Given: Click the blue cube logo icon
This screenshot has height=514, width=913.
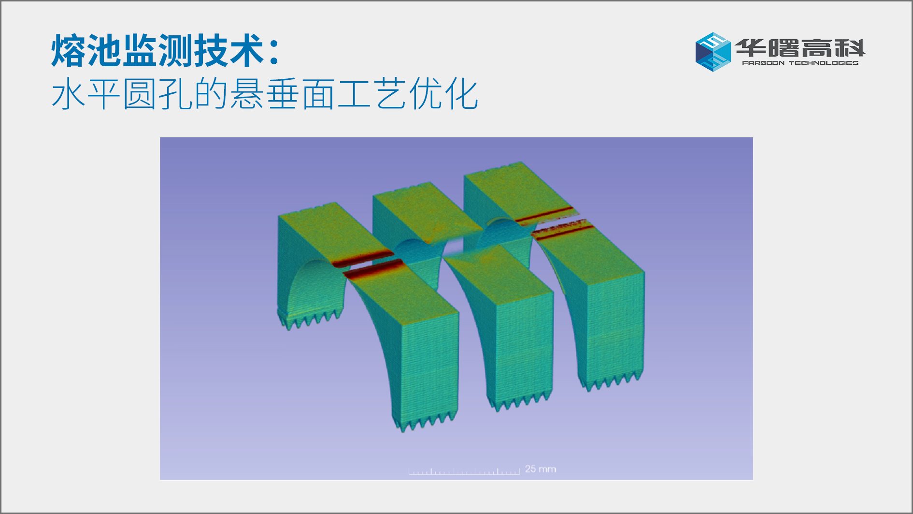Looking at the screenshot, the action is click(x=713, y=52).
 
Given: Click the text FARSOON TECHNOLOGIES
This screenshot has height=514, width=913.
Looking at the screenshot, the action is click(x=800, y=63).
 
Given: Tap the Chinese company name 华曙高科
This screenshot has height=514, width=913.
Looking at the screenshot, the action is click(x=800, y=48).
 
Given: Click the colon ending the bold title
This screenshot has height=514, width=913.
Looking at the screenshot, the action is click(x=274, y=52).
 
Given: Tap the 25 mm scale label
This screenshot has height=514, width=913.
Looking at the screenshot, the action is click(x=541, y=469).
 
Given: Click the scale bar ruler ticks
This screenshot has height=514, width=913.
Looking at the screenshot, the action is click(x=464, y=471).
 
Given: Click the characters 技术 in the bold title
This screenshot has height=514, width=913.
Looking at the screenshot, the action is click(x=229, y=50).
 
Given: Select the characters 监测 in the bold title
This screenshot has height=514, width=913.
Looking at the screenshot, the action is click(x=158, y=50).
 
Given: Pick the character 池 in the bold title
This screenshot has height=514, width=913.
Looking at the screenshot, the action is click(x=104, y=50).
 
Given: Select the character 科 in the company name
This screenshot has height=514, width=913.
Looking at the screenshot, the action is click(x=850, y=48).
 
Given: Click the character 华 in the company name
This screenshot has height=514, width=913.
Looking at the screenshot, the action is click(x=751, y=48).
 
